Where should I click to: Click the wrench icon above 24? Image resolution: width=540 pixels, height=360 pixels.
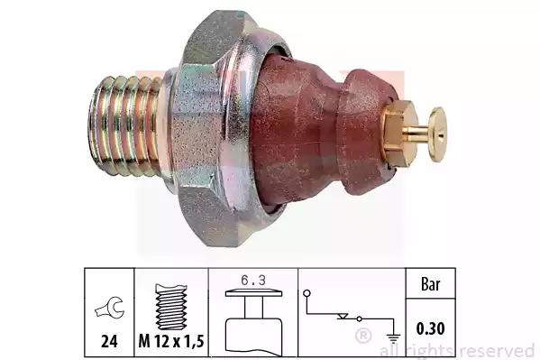coord(110,309)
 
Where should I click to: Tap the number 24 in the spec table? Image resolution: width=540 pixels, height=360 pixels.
coord(109,341)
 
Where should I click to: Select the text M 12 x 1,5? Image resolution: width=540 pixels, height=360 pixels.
coord(171,341)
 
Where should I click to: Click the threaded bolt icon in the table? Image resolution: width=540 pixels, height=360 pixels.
coord(171,307)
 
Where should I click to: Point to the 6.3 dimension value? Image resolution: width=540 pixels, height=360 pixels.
coord(253,281)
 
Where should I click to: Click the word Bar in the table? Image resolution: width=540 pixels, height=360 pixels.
coord(431,284)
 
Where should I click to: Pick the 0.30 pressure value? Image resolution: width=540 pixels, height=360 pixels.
coord(431,328)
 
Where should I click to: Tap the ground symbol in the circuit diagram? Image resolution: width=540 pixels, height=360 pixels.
coord(394,337)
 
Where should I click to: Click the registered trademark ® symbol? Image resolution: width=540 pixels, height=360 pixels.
coord(362,336)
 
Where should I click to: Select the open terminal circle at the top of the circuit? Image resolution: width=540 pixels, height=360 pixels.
coord(307,293)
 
